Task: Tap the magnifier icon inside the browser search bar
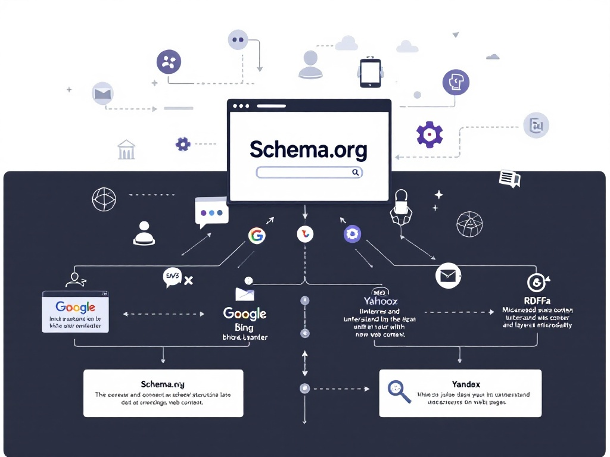pos(355,173)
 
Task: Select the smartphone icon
pos(370,73)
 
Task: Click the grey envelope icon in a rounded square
pos(102,93)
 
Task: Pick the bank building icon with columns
pos(126,149)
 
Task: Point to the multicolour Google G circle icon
pos(256,236)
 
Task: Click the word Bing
pos(244,327)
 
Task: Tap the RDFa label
pos(537,300)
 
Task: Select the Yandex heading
pos(466,384)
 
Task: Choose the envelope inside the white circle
pos(448,276)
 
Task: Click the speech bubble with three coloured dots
pos(211,212)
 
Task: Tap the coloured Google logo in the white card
pos(75,307)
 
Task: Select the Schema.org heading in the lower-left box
pos(163,384)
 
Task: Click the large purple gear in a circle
pos(430,135)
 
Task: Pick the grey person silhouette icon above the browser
pos(310,64)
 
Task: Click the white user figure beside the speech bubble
pos(144,233)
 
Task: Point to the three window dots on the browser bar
pos(241,106)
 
